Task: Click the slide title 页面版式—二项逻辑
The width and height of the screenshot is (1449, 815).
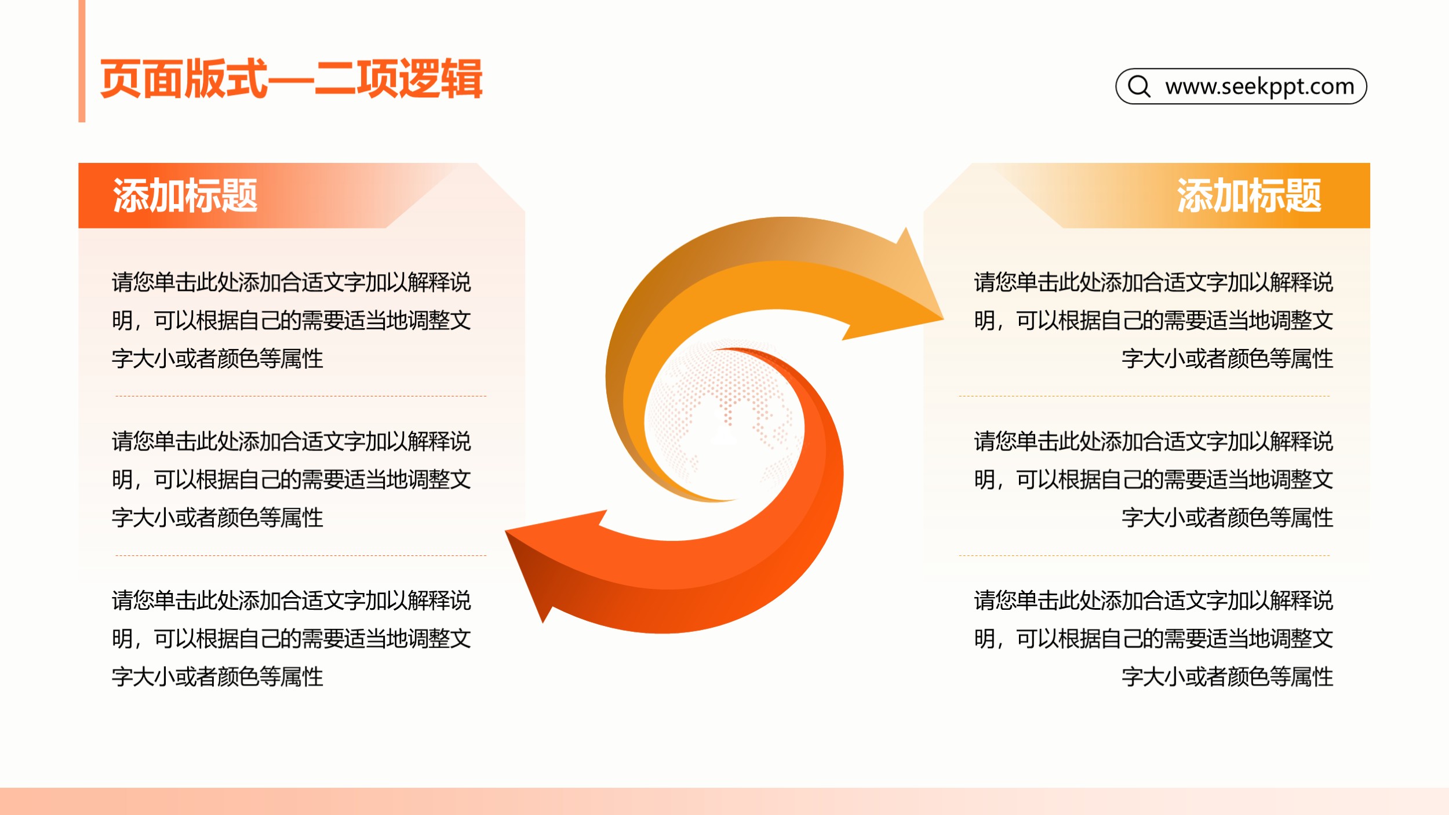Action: coord(291,79)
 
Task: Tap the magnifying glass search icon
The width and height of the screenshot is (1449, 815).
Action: coord(1139,86)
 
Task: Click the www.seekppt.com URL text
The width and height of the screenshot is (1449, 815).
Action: coord(1259,86)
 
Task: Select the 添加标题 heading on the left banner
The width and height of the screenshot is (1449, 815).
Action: coord(185,195)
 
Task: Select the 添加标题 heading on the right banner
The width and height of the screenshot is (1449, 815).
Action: coord(1249,195)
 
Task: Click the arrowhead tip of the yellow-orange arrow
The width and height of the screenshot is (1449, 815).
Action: coord(943,318)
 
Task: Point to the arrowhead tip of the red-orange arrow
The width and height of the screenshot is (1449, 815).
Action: coord(505,531)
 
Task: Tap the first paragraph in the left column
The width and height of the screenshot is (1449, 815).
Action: coord(291,321)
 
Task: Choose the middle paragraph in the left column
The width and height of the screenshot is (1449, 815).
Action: coord(291,479)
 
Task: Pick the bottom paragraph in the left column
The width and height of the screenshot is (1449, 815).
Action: coord(291,638)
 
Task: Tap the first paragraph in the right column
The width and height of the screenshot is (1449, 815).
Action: coord(1153,321)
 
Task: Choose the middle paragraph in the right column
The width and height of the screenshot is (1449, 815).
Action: coord(1153,479)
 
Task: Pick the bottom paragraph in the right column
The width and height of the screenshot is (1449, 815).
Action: coord(1153,638)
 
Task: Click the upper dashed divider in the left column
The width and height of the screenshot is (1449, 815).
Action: coord(301,396)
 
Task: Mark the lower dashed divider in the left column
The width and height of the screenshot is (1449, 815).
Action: coord(301,555)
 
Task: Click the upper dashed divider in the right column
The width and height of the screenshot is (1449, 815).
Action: coord(1144,396)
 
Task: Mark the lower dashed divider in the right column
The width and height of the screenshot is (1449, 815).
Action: coord(1144,555)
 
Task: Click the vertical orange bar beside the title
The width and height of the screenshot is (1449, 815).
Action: coord(82,61)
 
